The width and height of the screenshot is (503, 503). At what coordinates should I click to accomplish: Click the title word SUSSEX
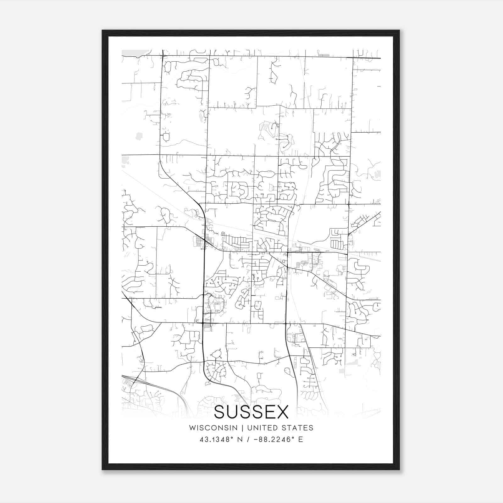coord(251,412)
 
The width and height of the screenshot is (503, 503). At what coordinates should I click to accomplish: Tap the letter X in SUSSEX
coord(282,412)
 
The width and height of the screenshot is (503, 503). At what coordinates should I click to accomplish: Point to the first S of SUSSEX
coord(220,412)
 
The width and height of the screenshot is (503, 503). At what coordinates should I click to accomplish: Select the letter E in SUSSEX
coord(270,412)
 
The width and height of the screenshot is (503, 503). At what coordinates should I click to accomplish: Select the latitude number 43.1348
coord(213,439)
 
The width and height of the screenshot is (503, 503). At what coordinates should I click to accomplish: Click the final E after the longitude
coord(301,439)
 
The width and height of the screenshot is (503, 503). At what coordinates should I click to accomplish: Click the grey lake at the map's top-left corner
coord(132,53)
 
